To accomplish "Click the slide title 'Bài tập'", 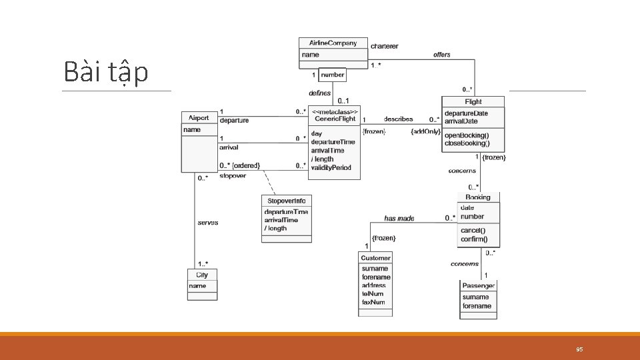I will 105,71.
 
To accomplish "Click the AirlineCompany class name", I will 333,43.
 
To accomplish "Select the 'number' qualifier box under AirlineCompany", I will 332,75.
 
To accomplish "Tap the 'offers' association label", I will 441,55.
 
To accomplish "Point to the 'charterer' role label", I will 384,46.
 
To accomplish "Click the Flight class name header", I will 473,102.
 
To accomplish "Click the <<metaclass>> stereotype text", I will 336,111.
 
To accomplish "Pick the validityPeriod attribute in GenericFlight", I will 331,167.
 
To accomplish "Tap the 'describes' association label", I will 398,119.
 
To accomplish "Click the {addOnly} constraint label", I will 425,132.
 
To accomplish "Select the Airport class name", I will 199,118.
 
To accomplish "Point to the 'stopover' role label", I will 233,176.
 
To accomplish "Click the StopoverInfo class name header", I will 286,201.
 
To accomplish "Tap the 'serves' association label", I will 207,223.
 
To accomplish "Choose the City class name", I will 202,275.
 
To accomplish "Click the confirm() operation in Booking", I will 473,239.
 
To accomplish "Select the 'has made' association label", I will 399,218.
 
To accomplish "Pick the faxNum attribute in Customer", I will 373,302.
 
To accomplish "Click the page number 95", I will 579,349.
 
